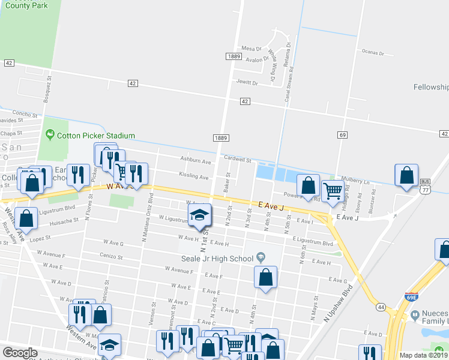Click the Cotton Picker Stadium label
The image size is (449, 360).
coord(95,136)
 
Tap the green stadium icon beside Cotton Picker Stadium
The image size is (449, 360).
coord(50,136)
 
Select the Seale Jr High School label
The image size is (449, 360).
coord(218,259)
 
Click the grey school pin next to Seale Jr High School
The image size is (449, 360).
coord(260,258)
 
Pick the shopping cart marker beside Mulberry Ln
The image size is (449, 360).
coord(333,191)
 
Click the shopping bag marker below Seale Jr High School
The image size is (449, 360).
coord(265,277)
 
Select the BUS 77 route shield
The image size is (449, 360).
coord(426,185)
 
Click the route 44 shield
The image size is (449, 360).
coord(381,307)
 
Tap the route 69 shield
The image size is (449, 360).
coord(342,135)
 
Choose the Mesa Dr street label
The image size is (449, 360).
coord(252,49)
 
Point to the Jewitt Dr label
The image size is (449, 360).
coord(247,82)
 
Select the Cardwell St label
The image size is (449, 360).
coord(237,160)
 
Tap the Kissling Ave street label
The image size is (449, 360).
coord(194,177)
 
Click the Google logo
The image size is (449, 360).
coord(20,353)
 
